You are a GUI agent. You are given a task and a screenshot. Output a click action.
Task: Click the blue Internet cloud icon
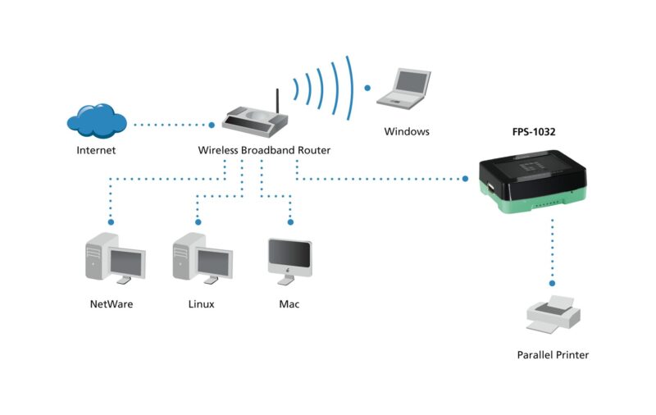point(97,121)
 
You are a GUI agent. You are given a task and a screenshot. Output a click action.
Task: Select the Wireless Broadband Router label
point(264,151)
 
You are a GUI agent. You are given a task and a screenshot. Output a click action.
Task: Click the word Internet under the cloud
point(96,151)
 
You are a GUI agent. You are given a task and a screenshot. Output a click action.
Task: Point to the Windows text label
point(407,131)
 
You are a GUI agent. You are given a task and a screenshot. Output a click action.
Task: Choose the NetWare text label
point(111,304)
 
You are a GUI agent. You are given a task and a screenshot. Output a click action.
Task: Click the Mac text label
point(289,304)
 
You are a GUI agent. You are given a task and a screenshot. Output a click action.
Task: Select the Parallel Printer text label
point(553,355)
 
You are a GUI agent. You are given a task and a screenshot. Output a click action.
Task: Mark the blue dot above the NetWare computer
point(111,221)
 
